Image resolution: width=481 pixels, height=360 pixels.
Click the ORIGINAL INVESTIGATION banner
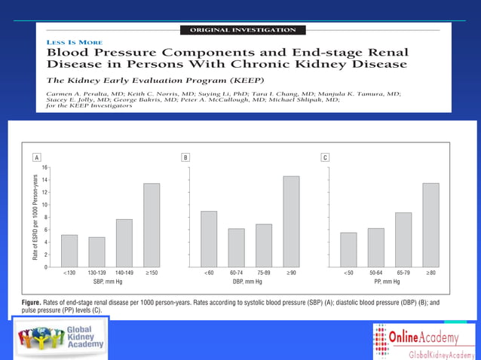(x=240, y=30)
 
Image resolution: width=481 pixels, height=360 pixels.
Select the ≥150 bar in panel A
(x=152, y=224)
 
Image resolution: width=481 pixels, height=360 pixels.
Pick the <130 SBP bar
(x=69, y=250)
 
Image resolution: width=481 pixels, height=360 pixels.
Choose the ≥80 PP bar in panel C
(x=430, y=224)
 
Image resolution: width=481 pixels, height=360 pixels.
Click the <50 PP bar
(x=348, y=249)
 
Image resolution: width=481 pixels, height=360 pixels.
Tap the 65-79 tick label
(x=403, y=273)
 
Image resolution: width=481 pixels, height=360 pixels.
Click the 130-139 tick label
(x=97, y=273)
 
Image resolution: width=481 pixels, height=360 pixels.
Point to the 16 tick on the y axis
(x=46, y=167)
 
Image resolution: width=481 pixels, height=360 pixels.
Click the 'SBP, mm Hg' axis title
(x=110, y=281)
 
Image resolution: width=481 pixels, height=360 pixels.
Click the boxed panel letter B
(x=186, y=157)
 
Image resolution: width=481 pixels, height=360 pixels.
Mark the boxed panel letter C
(x=325, y=157)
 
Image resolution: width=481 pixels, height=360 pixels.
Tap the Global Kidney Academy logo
(x=63, y=337)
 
